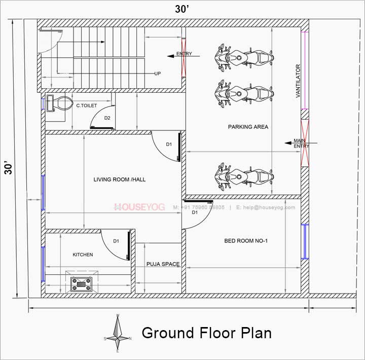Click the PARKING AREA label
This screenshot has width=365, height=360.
click(248, 127)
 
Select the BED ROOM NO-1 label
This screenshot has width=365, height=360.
click(246, 241)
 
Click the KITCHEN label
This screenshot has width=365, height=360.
click(83, 255)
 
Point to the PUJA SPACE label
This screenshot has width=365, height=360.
click(162, 264)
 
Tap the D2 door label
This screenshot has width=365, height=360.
click(107, 118)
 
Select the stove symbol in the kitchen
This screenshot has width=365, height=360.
click(82, 284)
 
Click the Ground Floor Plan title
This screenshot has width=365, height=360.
click(206, 333)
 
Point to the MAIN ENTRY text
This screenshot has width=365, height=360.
click(301, 143)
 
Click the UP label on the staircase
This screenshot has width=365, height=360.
click(158, 74)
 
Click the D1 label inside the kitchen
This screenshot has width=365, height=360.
click(116, 241)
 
